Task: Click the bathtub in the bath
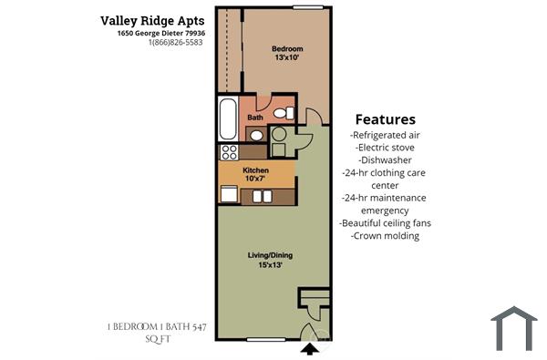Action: [228, 118]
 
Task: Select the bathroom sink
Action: [256, 136]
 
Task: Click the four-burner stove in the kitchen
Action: [229, 152]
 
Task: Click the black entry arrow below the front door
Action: [310, 346]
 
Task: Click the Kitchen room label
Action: [255, 170]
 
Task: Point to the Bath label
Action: [255, 118]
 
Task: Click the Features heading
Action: [385, 119]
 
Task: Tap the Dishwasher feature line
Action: [385, 159]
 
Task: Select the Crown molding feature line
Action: [385, 235]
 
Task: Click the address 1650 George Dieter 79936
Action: [160, 33]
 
